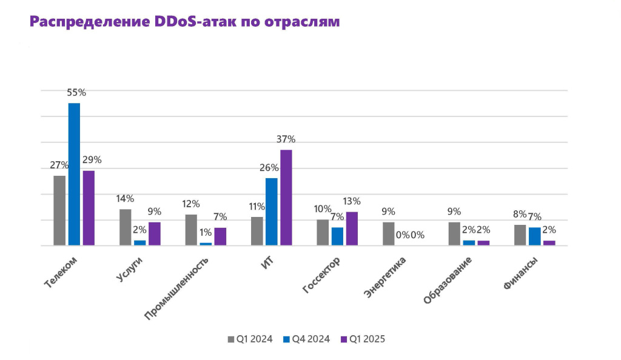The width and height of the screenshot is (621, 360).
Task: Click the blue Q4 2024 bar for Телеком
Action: click(x=74, y=175)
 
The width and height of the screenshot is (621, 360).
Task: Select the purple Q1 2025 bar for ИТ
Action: click(x=286, y=198)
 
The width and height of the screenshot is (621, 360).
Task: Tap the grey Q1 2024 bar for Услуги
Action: click(x=125, y=227)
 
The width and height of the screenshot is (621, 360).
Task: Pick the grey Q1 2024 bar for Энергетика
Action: click(x=388, y=233)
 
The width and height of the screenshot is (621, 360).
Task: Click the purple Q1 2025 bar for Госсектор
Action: click(x=352, y=228)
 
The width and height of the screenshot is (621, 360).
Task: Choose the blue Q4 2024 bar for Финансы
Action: click(x=534, y=236)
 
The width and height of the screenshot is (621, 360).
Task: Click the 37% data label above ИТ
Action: click(x=286, y=139)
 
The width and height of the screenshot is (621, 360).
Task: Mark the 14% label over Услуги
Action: click(x=126, y=199)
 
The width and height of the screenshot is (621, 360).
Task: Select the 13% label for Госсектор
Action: click(x=352, y=201)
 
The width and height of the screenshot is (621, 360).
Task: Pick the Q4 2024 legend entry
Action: click(x=307, y=339)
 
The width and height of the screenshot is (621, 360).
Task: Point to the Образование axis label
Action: click(x=448, y=280)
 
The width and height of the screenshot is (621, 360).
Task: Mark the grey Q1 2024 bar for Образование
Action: click(x=454, y=233)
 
